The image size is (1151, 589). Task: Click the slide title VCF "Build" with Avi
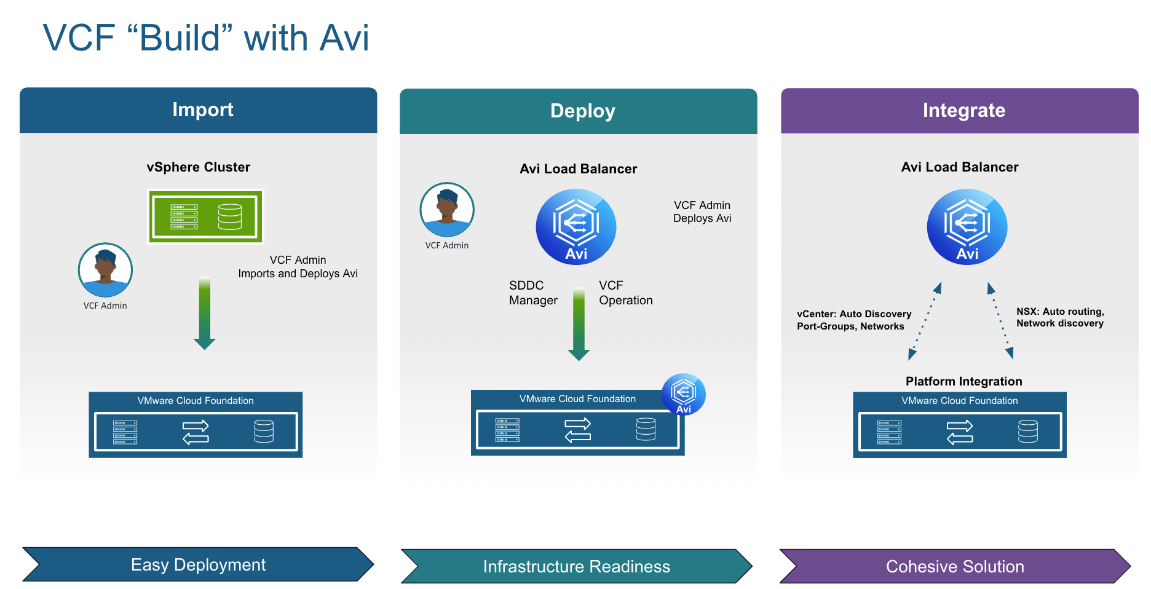click(206, 38)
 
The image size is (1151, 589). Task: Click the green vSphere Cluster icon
click(205, 216)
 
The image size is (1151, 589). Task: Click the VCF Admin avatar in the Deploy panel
click(447, 210)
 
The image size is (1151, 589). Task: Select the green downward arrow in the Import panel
click(205, 314)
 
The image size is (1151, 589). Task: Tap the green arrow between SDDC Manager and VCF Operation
click(579, 324)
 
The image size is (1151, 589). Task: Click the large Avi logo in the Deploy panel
click(576, 227)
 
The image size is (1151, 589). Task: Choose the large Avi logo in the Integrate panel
click(967, 227)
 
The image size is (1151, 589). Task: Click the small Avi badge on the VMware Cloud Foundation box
click(683, 394)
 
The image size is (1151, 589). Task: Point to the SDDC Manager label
click(532, 293)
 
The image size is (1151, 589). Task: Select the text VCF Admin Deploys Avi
click(702, 211)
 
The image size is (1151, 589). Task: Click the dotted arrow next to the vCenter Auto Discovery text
click(924, 322)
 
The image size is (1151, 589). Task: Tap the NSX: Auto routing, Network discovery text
click(1060, 317)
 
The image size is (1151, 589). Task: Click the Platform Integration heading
click(963, 381)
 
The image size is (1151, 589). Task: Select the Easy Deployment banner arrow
click(198, 564)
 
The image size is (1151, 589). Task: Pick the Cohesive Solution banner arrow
click(955, 566)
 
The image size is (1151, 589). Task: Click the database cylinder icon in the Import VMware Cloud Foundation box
click(264, 431)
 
